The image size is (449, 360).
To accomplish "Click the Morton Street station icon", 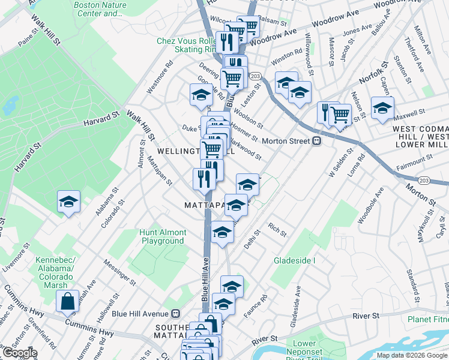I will (316, 141).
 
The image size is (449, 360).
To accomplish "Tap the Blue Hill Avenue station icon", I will (176, 313).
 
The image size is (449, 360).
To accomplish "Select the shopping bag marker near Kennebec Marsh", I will (68, 301).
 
